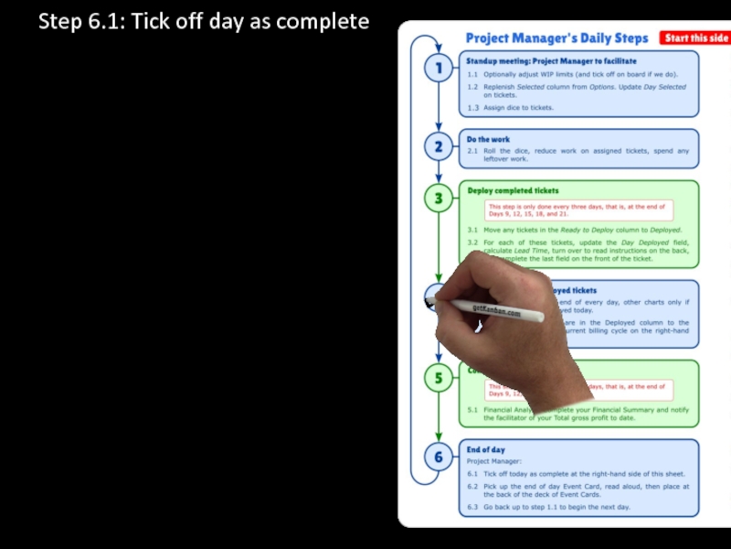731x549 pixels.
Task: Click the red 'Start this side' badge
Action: [x=696, y=38]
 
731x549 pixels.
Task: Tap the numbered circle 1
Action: [x=439, y=68]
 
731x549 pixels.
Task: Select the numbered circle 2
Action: [x=439, y=146]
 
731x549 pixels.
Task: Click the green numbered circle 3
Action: [x=439, y=198]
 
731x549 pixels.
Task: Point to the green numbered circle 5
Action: [x=439, y=378]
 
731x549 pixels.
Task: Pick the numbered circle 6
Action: [x=439, y=457]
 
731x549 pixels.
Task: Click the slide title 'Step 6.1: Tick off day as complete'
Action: [x=204, y=21]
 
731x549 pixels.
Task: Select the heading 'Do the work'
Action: [x=489, y=140]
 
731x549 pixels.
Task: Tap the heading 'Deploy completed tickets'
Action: [x=514, y=190]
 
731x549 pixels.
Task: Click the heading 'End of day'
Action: [x=486, y=449]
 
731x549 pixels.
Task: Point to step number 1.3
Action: [x=472, y=107]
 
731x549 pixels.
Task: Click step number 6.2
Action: [x=472, y=487]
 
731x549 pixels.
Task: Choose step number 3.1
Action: [x=472, y=230]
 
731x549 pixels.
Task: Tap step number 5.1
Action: [x=472, y=410]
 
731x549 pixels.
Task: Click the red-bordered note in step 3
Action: [x=579, y=210]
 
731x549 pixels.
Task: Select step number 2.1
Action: [x=472, y=151]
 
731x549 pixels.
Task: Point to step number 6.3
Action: [x=472, y=507]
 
